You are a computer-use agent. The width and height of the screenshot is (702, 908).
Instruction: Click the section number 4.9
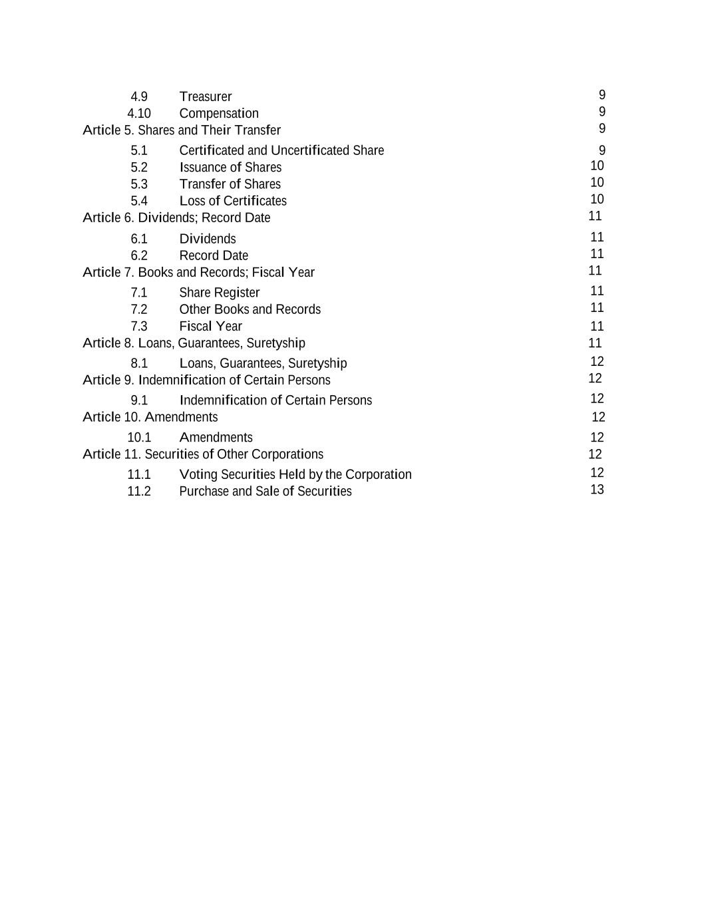point(139,96)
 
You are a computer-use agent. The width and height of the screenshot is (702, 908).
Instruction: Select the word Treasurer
point(205,96)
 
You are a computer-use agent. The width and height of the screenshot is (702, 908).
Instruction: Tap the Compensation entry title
point(219,113)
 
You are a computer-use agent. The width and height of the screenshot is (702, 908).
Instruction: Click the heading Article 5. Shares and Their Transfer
point(182,130)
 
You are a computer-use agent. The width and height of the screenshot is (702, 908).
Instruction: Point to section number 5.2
point(139,167)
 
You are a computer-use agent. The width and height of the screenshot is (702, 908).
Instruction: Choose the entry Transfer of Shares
point(230,184)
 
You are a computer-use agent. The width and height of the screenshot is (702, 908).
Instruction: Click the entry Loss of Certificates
point(233,200)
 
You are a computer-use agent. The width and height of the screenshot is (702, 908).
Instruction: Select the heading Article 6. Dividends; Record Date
point(176,218)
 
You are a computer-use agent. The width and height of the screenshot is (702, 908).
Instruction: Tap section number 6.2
point(139,255)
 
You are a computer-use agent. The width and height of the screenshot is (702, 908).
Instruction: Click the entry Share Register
point(219,292)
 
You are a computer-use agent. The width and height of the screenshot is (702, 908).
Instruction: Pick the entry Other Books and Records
point(250,309)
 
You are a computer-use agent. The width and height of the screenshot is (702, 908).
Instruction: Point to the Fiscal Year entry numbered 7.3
point(210,326)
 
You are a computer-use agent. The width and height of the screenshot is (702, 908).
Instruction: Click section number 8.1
point(139,363)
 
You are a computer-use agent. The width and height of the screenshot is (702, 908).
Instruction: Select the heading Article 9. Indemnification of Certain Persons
point(206,380)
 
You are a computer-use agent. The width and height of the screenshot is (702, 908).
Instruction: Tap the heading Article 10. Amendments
point(150,417)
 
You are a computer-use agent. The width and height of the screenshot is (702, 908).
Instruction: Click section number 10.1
point(139,437)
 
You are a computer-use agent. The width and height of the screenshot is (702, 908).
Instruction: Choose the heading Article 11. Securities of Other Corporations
point(203,454)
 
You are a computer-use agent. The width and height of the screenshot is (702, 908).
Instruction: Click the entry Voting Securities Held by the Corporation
point(295,474)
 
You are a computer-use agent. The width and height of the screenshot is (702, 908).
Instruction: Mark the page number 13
point(597,490)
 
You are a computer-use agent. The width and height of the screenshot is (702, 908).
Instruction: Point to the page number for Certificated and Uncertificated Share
point(602,150)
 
